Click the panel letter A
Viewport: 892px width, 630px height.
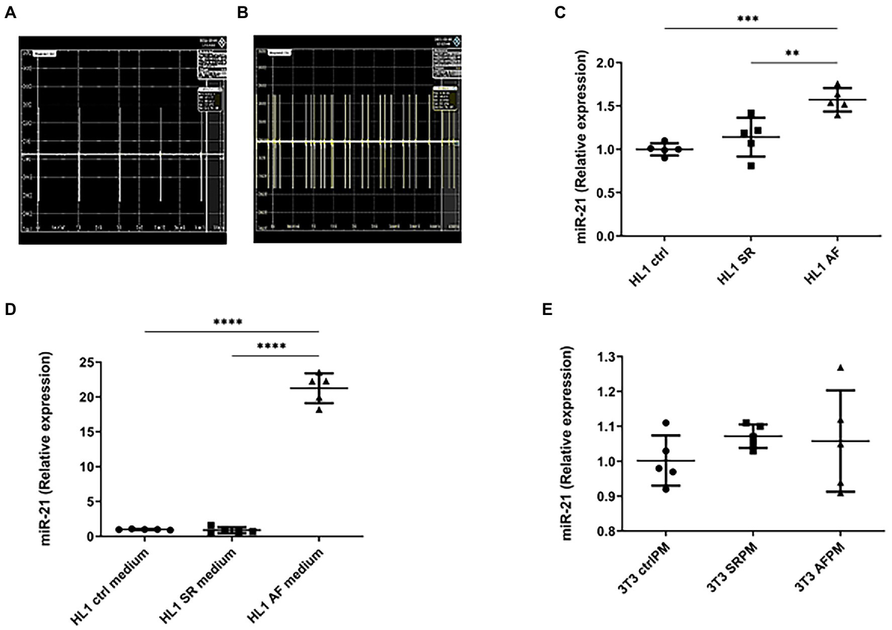(x=10, y=13)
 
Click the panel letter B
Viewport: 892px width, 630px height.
(x=242, y=13)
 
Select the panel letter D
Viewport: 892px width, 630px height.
(x=10, y=309)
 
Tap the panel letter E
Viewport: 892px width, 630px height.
(x=547, y=309)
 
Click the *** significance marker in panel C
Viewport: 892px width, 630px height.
(x=747, y=19)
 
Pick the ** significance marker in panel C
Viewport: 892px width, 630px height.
(x=792, y=53)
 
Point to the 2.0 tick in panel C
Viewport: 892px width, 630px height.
(x=607, y=63)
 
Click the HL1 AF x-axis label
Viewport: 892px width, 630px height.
(x=822, y=266)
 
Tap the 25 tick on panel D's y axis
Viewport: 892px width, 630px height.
(x=87, y=363)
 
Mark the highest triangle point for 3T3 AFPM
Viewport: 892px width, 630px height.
(x=840, y=367)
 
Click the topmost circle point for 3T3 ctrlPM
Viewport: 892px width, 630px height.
(x=665, y=423)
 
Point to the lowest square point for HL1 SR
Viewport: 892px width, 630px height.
(x=751, y=166)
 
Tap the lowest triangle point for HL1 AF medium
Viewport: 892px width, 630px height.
(x=319, y=410)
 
